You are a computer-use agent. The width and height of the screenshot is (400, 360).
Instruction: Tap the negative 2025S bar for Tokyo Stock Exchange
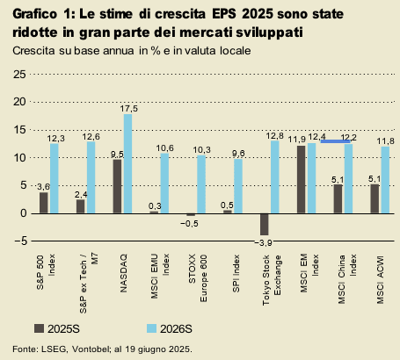tap(264, 224)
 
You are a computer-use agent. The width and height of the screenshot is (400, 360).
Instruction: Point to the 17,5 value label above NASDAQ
tap(128, 108)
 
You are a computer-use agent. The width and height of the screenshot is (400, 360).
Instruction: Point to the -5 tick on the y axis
tap(18, 241)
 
